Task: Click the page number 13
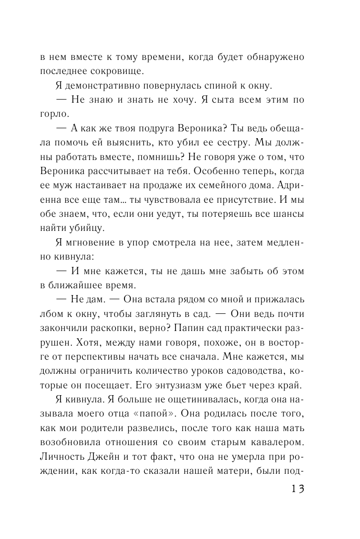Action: (294, 490)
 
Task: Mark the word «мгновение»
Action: (93, 242)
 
